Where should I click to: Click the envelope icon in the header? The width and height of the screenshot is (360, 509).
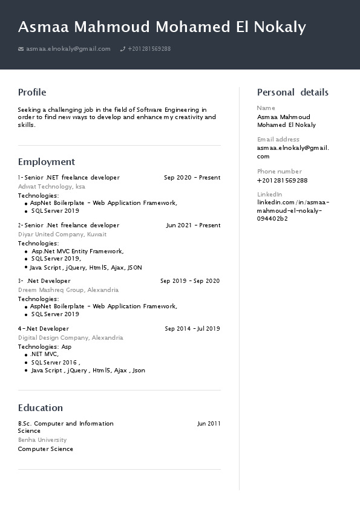(21, 49)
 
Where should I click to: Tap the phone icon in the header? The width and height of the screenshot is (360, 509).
(123, 49)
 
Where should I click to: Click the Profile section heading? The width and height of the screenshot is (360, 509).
(32, 92)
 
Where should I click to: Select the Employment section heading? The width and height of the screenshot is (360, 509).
(47, 162)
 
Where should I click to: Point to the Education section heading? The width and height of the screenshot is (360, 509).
(41, 408)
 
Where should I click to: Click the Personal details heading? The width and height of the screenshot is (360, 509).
(293, 92)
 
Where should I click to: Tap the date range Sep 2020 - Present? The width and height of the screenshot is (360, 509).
(192, 178)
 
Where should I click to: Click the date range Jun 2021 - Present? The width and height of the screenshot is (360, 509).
(193, 225)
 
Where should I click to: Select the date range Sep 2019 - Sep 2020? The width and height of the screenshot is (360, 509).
(190, 281)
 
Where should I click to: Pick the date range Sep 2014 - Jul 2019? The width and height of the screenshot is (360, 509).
(192, 329)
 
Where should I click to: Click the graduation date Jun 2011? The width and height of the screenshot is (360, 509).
(209, 424)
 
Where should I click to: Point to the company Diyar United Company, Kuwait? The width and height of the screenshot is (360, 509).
(62, 235)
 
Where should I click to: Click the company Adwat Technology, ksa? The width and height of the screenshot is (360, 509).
(51, 187)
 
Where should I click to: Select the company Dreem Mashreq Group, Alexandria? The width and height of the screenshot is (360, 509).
(68, 290)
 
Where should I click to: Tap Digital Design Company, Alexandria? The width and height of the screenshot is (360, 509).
(71, 338)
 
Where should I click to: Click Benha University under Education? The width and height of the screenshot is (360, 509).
(42, 440)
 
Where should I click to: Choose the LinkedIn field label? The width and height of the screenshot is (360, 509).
(269, 194)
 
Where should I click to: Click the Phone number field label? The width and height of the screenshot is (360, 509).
(279, 172)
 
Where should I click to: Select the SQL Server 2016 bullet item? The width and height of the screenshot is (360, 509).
(56, 362)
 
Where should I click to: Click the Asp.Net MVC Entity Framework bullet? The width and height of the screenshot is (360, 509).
(77, 251)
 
